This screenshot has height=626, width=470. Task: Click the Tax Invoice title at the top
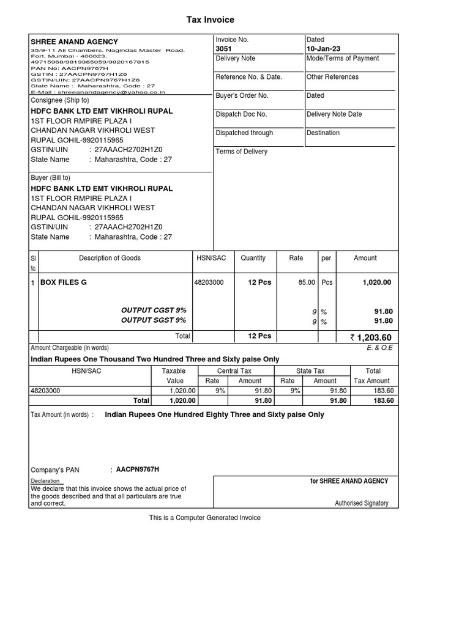[x=211, y=20]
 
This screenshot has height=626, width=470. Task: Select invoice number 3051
[x=224, y=49]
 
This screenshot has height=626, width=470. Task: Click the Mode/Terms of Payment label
[x=342, y=59]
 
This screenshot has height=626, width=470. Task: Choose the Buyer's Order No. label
[x=242, y=96]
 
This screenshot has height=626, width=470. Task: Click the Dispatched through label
[x=244, y=133]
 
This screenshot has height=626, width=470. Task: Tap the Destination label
[x=323, y=133]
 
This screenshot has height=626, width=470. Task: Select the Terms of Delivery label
[x=242, y=152]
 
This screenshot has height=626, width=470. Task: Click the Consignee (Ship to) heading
[x=60, y=100]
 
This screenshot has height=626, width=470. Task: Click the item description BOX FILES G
[x=64, y=282]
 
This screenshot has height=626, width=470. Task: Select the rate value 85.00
[x=307, y=282]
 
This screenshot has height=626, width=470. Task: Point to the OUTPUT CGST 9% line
[x=154, y=311]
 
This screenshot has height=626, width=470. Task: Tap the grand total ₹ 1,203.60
[x=371, y=337]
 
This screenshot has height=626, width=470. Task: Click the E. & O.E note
[x=379, y=348]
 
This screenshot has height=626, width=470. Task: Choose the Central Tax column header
[x=234, y=371]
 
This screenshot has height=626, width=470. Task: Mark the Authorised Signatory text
[x=361, y=504]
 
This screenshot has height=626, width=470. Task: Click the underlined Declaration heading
[x=45, y=481]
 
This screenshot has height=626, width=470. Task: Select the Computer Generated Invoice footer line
[x=205, y=518]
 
